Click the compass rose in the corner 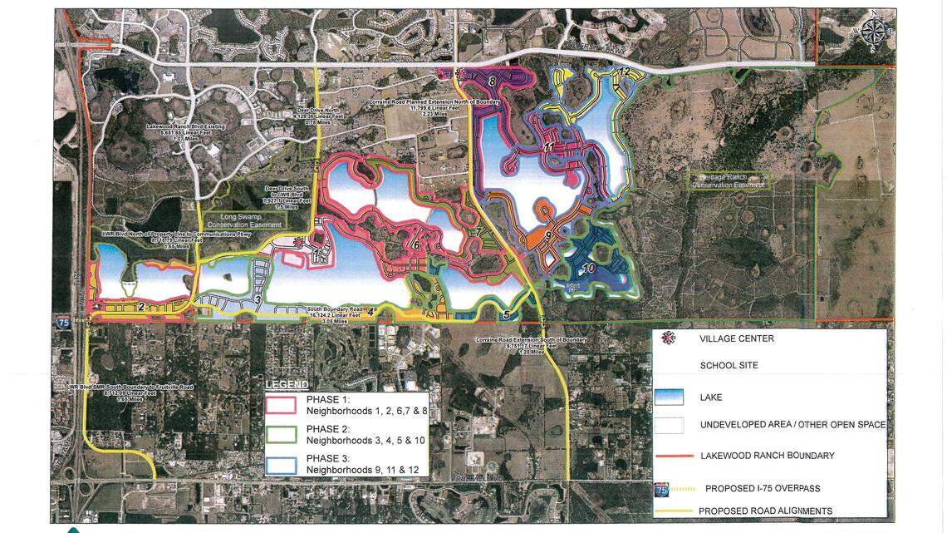pos(871,32)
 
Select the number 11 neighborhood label pos(548,147)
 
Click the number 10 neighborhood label pos(587,269)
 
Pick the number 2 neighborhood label pos(141,307)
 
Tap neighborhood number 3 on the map pos(258,299)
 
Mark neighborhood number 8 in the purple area pos(492,81)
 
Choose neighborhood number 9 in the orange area pos(548,236)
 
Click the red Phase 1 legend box pos(281,405)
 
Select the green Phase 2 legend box pos(281,434)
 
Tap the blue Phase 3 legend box pos(281,463)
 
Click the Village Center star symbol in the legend pos(669,338)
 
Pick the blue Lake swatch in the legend pos(669,397)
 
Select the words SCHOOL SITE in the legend pos(729,365)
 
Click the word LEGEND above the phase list pos(287,385)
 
